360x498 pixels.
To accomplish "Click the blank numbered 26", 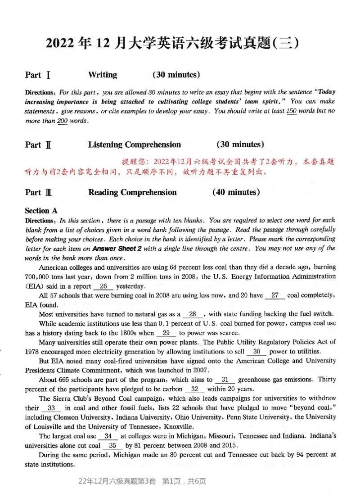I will pyautogui.click(x=103, y=286).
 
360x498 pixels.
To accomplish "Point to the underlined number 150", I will pyautogui.click(x=292, y=111).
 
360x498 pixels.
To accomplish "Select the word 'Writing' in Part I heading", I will pyautogui.click(x=102, y=75).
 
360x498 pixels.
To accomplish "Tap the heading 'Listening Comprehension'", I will pyautogui.click(x=134, y=145).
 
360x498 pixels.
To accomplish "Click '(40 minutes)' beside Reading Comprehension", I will pyautogui.click(x=236, y=192).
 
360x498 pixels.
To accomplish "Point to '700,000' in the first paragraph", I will pyautogui.click(x=39, y=276).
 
